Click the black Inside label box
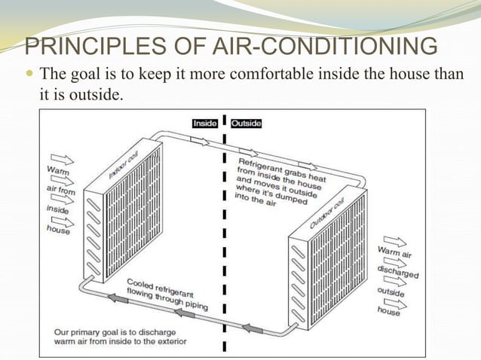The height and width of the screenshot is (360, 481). (205, 123)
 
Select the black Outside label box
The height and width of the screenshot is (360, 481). (246, 123)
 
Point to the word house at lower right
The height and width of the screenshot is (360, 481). (388, 310)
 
